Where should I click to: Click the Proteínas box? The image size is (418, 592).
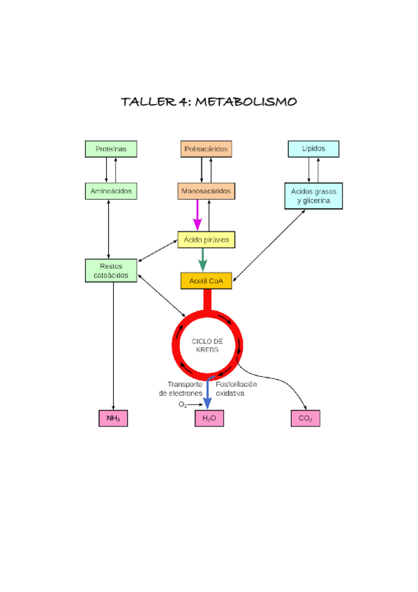(x=111, y=149)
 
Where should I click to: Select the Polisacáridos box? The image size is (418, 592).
(x=206, y=149)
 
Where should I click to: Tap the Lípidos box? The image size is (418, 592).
(x=313, y=149)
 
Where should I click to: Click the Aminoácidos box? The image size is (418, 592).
(x=111, y=190)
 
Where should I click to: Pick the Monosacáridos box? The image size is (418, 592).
(x=206, y=190)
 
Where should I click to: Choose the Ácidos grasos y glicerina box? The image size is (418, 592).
(x=313, y=195)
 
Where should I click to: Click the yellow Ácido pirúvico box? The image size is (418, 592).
(x=206, y=239)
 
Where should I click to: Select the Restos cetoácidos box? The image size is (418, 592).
(x=111, y=270)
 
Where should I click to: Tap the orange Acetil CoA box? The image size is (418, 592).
(x=206, y=281)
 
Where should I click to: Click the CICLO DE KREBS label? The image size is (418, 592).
(x=207, y=345)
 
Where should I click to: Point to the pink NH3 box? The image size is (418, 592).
(x=113, y=418)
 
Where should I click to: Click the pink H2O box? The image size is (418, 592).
(x=209, y=418)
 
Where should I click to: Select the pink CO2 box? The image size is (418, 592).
(x=305, y=418)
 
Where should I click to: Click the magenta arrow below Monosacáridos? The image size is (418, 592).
(x=197, y=214)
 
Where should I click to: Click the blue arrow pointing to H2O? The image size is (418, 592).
(x=207, y=394)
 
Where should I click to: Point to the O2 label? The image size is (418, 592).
(x=182, y=404)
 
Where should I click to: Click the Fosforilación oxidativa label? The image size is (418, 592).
(x=236, y=389)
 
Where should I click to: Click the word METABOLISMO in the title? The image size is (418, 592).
(x=246, y=102)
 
